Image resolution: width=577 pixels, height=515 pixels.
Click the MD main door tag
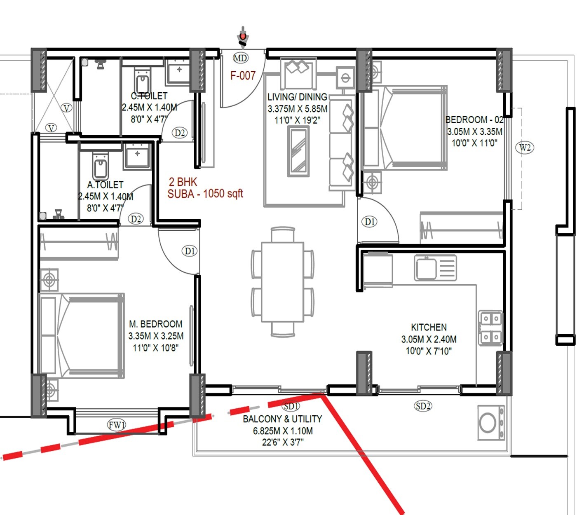point(240,58)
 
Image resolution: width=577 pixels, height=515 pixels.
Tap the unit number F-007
point(243,75)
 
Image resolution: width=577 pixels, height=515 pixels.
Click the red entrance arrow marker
point(243,37)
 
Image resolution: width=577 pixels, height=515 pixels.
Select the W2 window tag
point(525,147)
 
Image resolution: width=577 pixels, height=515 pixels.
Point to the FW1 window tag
point(117,424)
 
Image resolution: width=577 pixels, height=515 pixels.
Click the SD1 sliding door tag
point(291,406)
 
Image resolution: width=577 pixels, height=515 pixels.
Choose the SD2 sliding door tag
point(423,406)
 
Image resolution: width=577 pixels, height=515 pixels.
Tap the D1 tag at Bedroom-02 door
point(370,222)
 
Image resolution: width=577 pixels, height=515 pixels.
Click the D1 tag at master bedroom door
point(190,251)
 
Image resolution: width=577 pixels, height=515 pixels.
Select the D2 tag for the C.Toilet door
point(180,133)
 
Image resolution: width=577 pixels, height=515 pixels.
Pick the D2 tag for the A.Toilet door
point(136,219)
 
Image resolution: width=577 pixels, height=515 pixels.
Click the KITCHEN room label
point(429,327)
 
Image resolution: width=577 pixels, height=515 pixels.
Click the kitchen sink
point(435,268)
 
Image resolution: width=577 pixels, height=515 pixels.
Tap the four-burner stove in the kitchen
point(490,328)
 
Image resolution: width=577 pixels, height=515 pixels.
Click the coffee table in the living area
point(298,152)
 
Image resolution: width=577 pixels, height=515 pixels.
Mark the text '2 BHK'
point(183,182)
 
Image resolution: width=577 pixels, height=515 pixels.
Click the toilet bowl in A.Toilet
point(100,167)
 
